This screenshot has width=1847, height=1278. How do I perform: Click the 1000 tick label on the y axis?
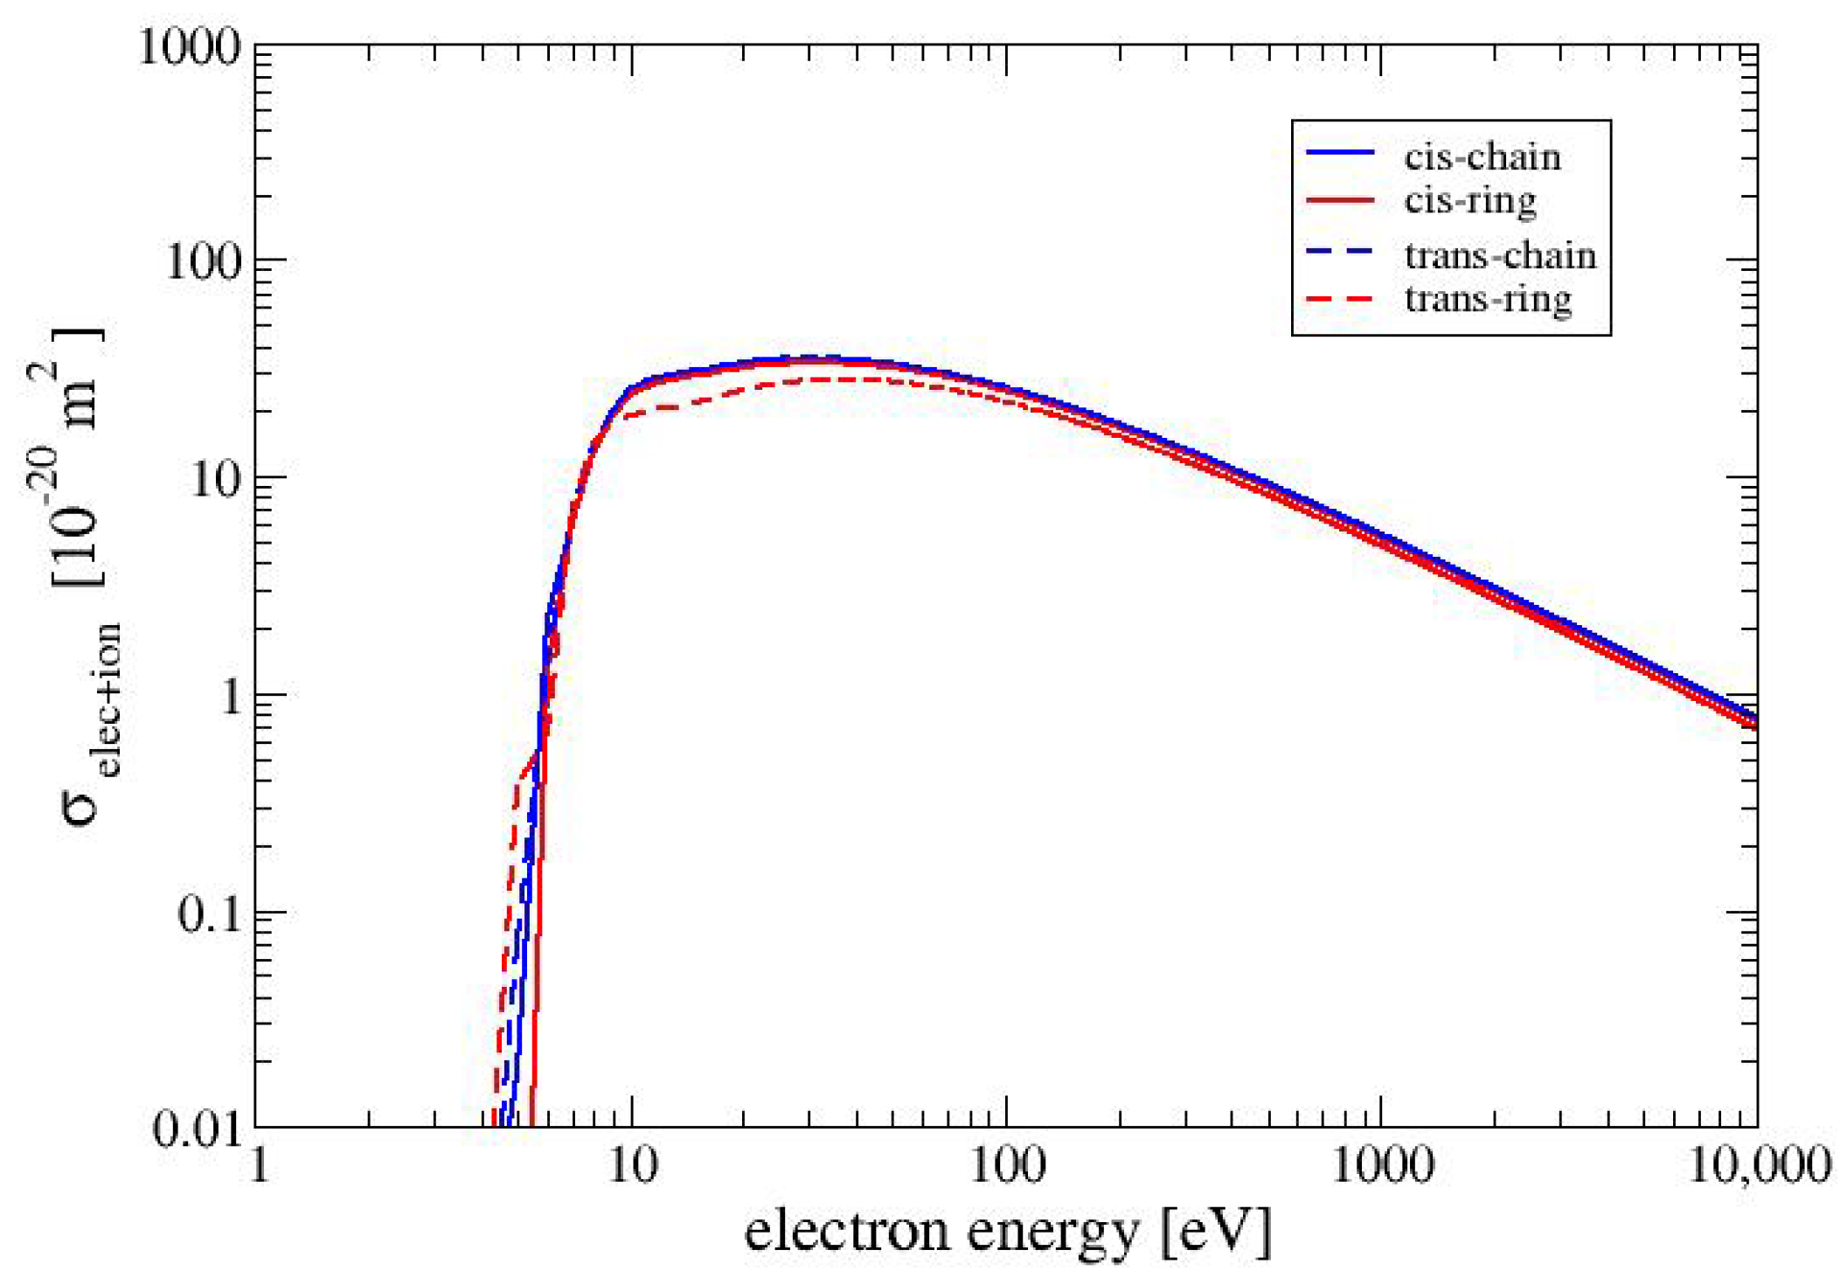pos(189,47)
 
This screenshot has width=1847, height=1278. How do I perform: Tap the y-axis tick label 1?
pos(229,697)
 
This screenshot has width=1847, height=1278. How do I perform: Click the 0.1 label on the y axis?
pos(208,914)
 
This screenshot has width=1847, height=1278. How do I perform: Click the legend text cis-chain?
pos(1482,157)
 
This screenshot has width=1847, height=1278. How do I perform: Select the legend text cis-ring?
pos(1470,201)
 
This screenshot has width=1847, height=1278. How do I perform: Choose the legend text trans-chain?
pos(1500,256)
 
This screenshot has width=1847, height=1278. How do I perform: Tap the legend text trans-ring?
pos(1488,300)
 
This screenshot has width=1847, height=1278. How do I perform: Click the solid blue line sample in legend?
pos(1340,154)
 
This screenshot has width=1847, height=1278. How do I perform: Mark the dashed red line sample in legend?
pos(1340,300)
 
